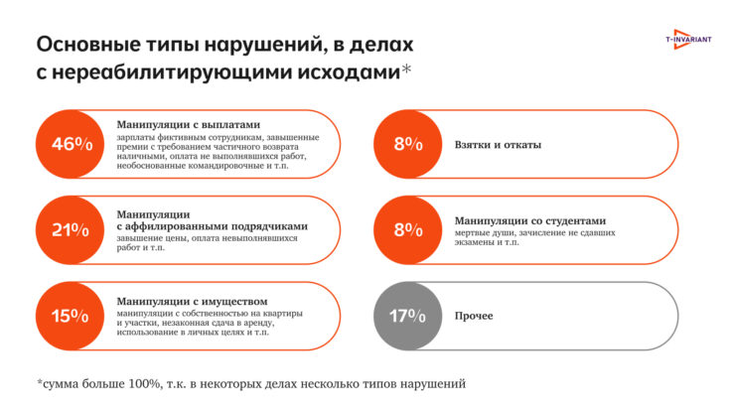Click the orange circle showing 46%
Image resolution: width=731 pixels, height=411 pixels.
click(72, 144)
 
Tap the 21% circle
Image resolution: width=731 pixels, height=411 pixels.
click(72, 230)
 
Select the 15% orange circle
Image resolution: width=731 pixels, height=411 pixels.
click(72, 317)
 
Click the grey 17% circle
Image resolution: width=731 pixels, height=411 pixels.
click(407, 317)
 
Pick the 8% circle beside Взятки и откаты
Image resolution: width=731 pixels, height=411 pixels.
click(407, 144)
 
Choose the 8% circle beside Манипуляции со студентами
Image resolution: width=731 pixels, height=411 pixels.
click(407, 230)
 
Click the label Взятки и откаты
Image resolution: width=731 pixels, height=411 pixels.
click(497, 145)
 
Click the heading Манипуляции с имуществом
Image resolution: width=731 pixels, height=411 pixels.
click(192, 301)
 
